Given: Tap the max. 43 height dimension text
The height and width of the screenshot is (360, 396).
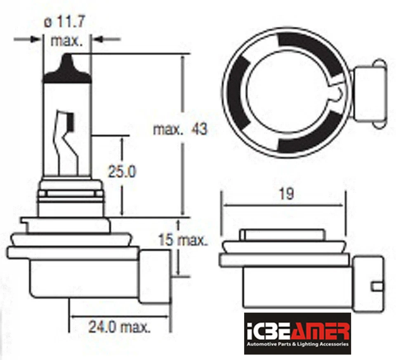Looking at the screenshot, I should (180, 129).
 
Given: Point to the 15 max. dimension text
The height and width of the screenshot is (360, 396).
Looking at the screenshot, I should (183, 240).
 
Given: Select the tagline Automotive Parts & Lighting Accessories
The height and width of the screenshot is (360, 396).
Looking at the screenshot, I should (297, 344).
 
